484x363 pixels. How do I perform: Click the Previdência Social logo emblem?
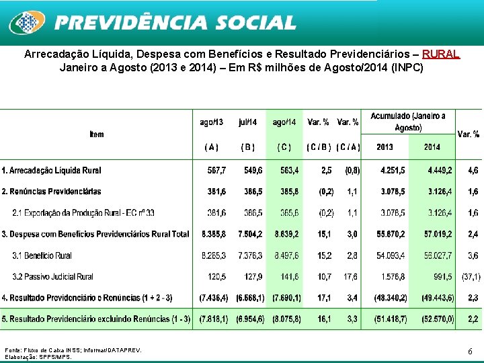[x=26, y=23]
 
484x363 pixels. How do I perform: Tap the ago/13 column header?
[x=212, y=122]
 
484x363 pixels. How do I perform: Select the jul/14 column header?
[x=247, y=122]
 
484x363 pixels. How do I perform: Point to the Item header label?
[x=97, y=134]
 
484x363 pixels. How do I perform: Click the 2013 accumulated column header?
[x=385, y=147]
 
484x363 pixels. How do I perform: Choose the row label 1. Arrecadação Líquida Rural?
[x=52, y=170]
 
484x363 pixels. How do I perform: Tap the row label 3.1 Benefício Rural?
[x=42, y=255]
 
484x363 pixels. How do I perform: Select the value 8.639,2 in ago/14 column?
[x=285, y=234]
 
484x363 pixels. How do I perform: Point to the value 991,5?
[x=442, y=276]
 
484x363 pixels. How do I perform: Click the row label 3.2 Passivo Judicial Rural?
[x=52, y=276]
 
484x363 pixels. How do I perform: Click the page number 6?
[x=471, y=351]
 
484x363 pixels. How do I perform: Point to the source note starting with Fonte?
[x=73, y=350]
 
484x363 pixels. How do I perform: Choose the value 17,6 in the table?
[x=351, y=276]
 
